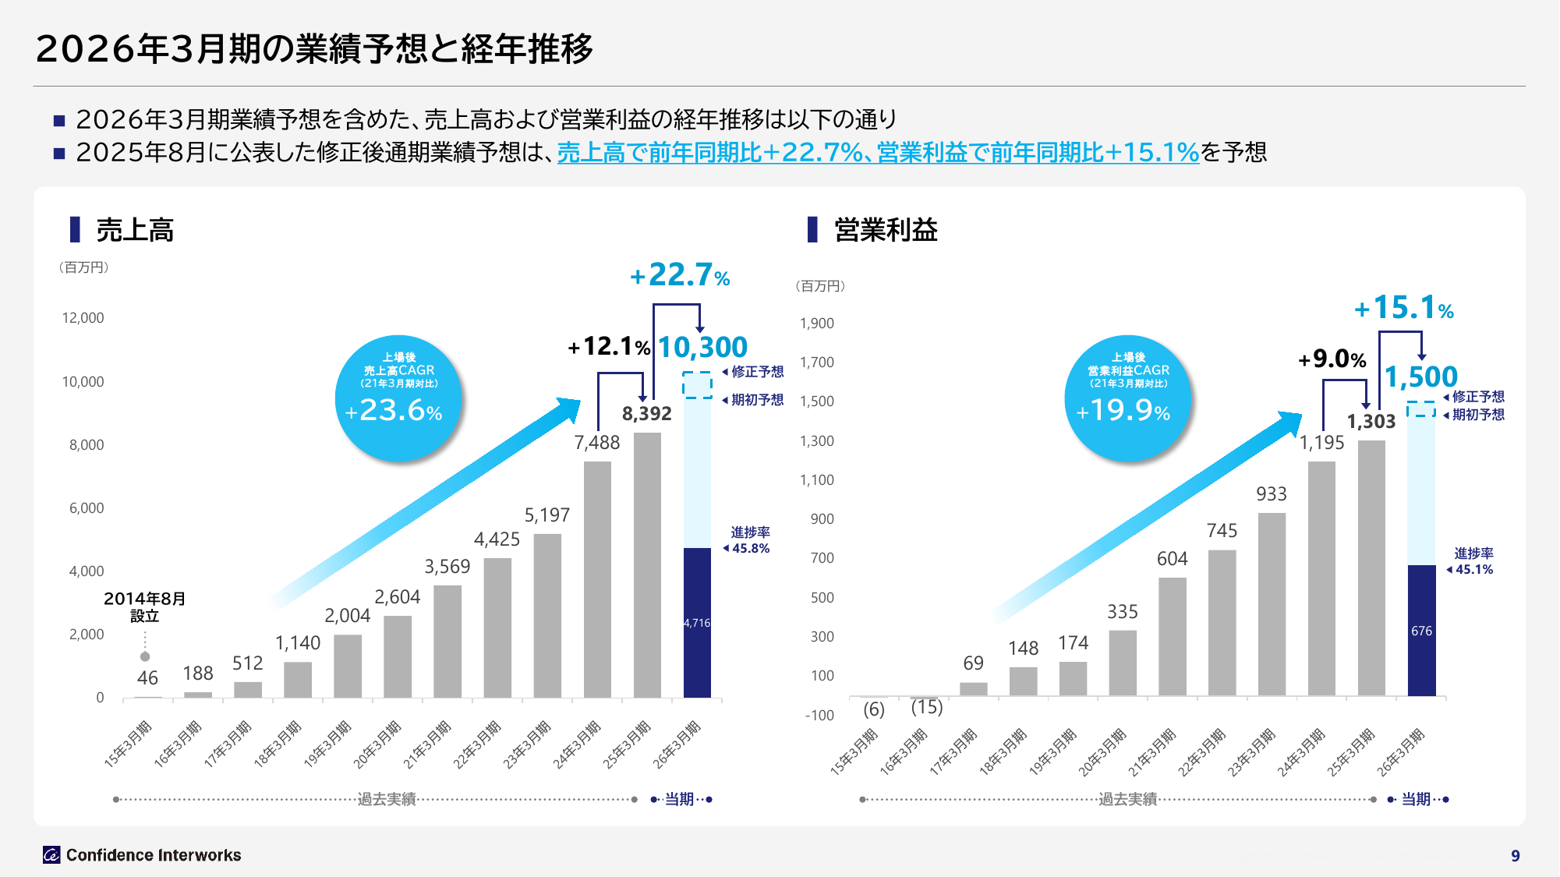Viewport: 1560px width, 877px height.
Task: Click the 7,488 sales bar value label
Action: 597,443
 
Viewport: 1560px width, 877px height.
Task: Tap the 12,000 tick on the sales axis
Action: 83,318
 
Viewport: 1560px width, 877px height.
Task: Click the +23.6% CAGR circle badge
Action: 398,398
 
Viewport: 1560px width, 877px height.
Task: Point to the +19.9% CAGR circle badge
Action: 1128,398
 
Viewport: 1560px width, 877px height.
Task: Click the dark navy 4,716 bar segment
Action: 697,623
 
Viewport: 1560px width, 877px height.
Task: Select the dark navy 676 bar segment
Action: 1421,631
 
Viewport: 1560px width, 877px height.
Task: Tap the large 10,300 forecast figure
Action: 702,347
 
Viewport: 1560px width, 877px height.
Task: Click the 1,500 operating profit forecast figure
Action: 1420,377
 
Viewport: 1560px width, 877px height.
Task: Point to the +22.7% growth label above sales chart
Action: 680,275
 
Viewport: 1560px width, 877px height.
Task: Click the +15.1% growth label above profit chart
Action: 1404,308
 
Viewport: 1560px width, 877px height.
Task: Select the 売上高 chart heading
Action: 134,230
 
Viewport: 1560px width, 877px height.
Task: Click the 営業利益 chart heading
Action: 886,230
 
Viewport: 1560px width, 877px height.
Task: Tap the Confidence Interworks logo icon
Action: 51,855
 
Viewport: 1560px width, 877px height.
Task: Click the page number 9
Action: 1515,856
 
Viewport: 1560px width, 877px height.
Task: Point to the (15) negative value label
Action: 927,707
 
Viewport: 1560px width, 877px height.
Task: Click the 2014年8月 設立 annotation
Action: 145,607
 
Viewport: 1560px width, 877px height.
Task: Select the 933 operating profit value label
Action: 1271,494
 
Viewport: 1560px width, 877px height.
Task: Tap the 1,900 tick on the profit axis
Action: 817,324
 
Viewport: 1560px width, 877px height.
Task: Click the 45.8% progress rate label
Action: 750,549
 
